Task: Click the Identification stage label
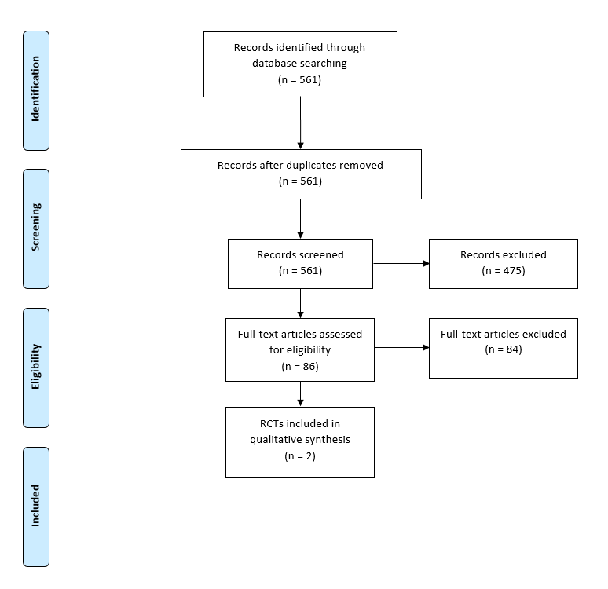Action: [35, 90]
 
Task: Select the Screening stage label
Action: [35, 229]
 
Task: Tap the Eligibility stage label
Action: [35, 368]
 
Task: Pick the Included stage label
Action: [35, 507]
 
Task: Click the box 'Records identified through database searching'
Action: [300, 64]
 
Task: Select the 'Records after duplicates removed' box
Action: [300, 174]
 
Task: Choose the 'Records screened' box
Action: [300, 263]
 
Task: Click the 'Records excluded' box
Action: [503, 263]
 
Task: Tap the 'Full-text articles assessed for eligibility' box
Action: [300, 349]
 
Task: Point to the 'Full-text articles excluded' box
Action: [503, 348]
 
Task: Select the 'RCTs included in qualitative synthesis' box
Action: [300, 442]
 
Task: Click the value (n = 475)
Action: [503, 271]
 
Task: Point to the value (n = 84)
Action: [503, 349]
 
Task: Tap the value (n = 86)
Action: [300, 366]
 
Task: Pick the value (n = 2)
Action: [300, 455]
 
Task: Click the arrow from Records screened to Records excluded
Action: [401, 264]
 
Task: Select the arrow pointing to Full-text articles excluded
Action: [401, 348]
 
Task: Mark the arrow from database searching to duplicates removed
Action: [300, 123]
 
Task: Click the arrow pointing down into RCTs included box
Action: [300, 394]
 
